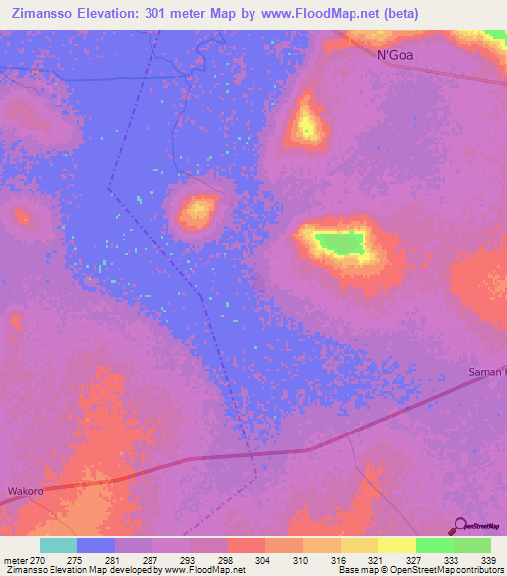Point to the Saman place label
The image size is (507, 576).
click(x=485, y=372)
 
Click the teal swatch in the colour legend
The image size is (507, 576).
click(x=58, y=545)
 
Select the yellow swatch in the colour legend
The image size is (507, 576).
click(x=397, y=545)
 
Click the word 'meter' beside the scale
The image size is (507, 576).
click(x=15, y=559)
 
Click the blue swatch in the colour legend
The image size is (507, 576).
click(x=96, y=545)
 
